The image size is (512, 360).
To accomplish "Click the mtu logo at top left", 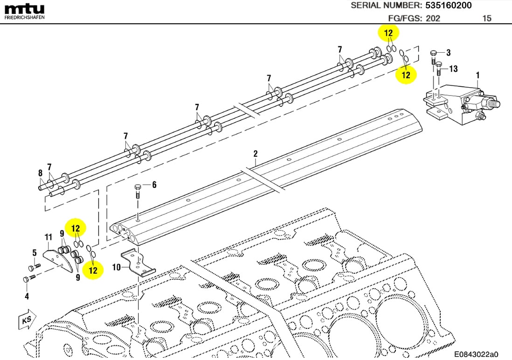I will (x=24, y=9).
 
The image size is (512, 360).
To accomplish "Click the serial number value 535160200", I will (x=448, y=6).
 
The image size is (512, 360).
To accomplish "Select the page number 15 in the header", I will (x=486, y=19).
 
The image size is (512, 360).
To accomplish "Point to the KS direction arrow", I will (x=27, y=320).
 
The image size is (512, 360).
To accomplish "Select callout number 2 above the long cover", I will (x=255, y=153).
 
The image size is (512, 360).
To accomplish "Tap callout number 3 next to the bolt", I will (x=448, y=52).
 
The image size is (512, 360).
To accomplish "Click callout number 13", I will (x=453, y=69).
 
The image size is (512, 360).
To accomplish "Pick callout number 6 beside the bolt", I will (x=154, y=185).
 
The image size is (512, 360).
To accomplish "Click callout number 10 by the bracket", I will (x=117, y=267).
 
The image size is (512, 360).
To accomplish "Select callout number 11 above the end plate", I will (x=48, y=237).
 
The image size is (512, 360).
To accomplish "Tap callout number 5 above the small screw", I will (x=34, y=253).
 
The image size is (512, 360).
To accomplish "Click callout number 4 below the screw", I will (x=27, y=296).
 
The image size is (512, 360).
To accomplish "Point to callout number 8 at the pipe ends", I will (x=40, y=173).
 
